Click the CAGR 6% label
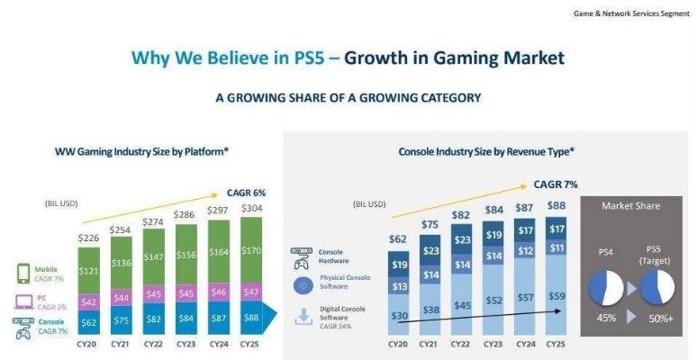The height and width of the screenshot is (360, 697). pyautogui.click(x=246, y=193)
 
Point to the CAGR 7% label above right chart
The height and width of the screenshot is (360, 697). pyautogui.click(x=556, y=184)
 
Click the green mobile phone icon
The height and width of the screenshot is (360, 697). pyautogui.click(x=23, y=273)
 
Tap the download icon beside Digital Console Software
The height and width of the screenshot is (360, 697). pyautogui.click(x=302, y=316)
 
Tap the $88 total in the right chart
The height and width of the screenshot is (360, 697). pyautogui.click(x=557, y=205)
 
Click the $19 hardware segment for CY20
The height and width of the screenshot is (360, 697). pyautogui.click(x=399, y=265)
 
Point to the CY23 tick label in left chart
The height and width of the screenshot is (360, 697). pyautogui.click(x=188, y=343)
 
